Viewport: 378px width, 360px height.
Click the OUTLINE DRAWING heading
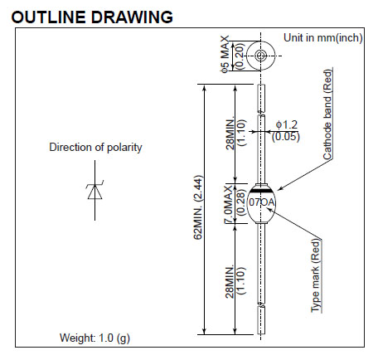point(92,17)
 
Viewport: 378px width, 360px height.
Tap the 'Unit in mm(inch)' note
point(322,37)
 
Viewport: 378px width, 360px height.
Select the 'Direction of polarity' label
point(95,147)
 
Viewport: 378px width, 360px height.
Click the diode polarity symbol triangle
point(94,192)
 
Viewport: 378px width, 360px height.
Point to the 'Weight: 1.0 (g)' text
point(94,338)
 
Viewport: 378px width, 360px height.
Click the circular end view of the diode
point(260,56)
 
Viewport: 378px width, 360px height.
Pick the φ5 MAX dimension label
point(225,54)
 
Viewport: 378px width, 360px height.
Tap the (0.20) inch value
point(240,56)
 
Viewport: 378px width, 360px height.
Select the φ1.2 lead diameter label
point(287,125)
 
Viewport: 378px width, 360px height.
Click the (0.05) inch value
point(285,137)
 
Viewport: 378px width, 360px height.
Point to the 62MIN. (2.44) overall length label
point(198,207)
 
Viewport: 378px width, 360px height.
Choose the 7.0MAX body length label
point(228,204)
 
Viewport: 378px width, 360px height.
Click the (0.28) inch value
point(240,202)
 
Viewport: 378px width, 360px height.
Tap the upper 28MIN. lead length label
point(230,134)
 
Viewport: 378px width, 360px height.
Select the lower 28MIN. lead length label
point(230,282)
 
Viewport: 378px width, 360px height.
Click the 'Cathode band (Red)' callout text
point(327,114)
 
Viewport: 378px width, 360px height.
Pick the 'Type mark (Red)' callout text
point(316,276)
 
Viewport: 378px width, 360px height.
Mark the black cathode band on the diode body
point(261,191)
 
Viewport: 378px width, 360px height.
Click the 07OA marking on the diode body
point(262,202)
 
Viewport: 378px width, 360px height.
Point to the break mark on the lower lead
point(261,305)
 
